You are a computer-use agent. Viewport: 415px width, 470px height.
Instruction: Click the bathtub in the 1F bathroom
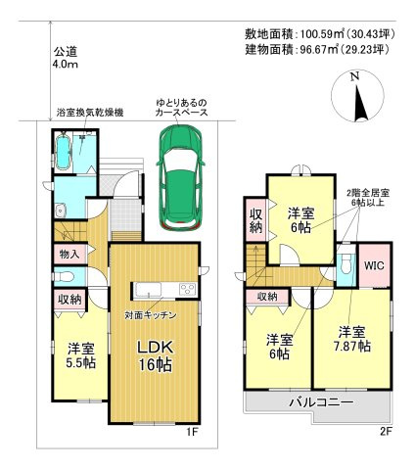62,152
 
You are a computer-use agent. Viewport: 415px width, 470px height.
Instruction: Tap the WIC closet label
376,265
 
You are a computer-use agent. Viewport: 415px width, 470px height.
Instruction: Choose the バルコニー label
322,401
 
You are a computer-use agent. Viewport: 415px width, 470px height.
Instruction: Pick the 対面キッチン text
149,315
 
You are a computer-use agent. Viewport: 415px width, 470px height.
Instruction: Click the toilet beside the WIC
346,265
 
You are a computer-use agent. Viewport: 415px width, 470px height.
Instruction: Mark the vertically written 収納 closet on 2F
254,220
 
